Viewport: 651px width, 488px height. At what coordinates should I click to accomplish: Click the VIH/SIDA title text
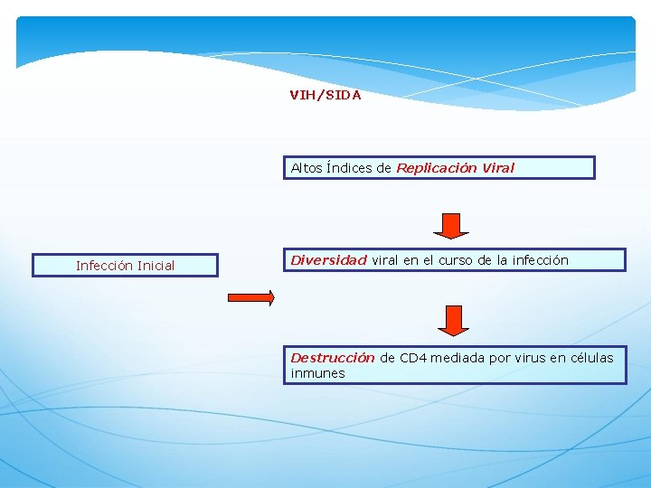coord(325,95)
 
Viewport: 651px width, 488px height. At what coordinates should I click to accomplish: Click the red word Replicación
coord(437,168)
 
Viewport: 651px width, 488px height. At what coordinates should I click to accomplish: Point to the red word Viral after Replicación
coord(497,168)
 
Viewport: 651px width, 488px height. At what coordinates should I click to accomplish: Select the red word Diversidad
coord(328,260)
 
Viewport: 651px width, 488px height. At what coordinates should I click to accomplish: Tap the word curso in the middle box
coord(457,260)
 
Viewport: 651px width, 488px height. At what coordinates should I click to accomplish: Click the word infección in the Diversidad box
coord(541,260)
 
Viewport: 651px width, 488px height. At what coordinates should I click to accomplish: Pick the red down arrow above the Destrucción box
coord(454,320)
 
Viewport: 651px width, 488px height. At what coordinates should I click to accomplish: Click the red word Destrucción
coord(332,358)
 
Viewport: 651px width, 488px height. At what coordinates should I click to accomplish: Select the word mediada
coord(458,358)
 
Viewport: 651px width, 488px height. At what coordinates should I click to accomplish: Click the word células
coord(591,358)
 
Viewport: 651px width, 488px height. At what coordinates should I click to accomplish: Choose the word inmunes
coord(317,373)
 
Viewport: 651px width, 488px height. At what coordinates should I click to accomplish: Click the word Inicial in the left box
coord(154,266)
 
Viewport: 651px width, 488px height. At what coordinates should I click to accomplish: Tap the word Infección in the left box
coord(103,266)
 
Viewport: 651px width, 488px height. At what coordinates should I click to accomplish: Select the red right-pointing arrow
coord(250,298)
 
